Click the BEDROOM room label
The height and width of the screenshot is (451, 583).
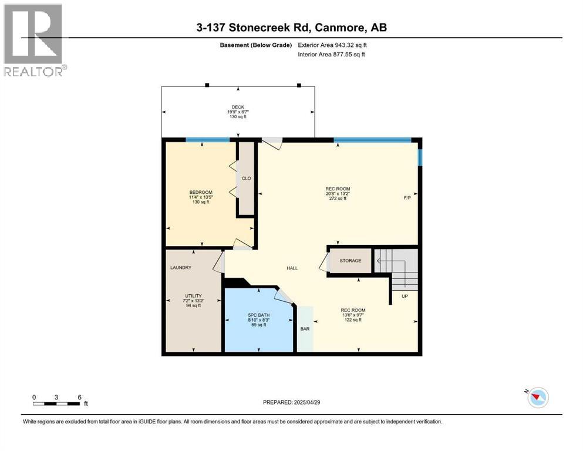[x=200, y=193]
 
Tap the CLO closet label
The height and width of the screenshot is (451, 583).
[x=247, y=179]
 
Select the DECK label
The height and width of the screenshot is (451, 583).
[x=237, y=107]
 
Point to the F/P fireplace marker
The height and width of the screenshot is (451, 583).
[x=407, y=198]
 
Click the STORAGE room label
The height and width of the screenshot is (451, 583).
[x=351, y=260]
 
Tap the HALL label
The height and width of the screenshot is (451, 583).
[x=292, y=268]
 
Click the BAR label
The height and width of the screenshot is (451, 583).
[x=305, y=329]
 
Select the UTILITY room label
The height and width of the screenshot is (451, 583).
[x=193, y=295]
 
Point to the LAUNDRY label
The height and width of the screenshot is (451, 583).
[x=181, y=268]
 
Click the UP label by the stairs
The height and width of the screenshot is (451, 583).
[x=405, y=296]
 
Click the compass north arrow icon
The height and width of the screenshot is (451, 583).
[x=537, y=398]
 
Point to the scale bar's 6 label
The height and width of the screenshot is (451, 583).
[x=79, y=397]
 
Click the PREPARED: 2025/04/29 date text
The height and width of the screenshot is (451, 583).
[x=294, y=402]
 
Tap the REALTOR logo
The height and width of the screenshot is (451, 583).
[x=34, y=40]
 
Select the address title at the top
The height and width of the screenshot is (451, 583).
[x=292, y=28]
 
